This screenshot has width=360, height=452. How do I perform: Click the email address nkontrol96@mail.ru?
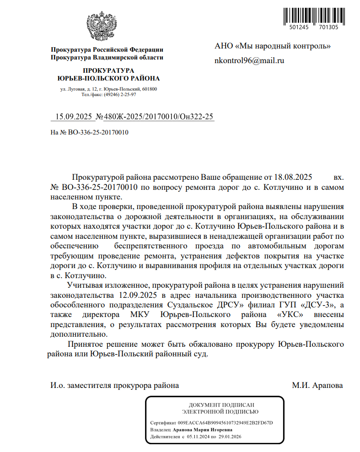[249, 60]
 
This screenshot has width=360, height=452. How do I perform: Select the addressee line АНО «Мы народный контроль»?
[273, 46]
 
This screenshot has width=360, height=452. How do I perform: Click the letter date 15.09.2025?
[74, 117]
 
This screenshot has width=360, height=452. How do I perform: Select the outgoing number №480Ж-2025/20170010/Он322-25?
[155, 117]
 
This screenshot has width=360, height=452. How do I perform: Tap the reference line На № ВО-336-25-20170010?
[89, 133]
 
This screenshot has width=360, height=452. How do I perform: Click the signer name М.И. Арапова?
[317, 385]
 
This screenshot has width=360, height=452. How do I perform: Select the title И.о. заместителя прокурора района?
[114, 385]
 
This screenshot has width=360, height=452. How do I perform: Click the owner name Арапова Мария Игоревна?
[203, 430]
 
